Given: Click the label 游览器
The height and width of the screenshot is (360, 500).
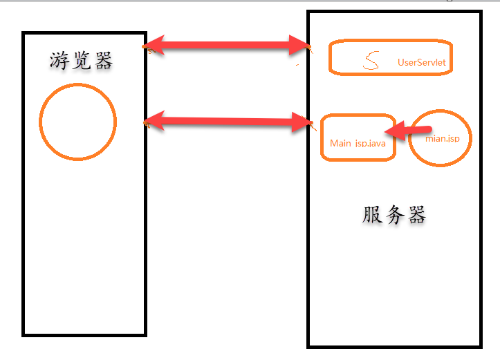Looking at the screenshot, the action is tap(82, 61).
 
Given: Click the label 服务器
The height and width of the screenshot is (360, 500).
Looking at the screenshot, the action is tap(393, 215).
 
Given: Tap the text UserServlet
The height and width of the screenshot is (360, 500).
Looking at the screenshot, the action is tap(422, 63).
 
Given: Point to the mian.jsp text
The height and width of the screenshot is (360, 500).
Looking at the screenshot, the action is tap(442, 138).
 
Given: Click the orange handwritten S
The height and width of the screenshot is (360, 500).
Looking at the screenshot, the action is tap(372, 61).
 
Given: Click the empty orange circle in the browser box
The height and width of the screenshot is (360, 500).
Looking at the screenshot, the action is tap(77, 122).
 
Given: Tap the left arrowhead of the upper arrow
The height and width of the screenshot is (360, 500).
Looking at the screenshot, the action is tap(154, 46).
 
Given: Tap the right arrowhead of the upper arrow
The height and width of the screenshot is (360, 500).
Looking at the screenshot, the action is tap(303, 47).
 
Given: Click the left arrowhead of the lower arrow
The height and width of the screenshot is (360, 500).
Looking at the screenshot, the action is tap(154, 122).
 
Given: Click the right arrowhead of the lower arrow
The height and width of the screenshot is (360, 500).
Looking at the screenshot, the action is tap(303, 124).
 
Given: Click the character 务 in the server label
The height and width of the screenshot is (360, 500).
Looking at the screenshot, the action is tap(393, 215).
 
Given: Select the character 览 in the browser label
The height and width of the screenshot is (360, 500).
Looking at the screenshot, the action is tap(82, 61).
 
